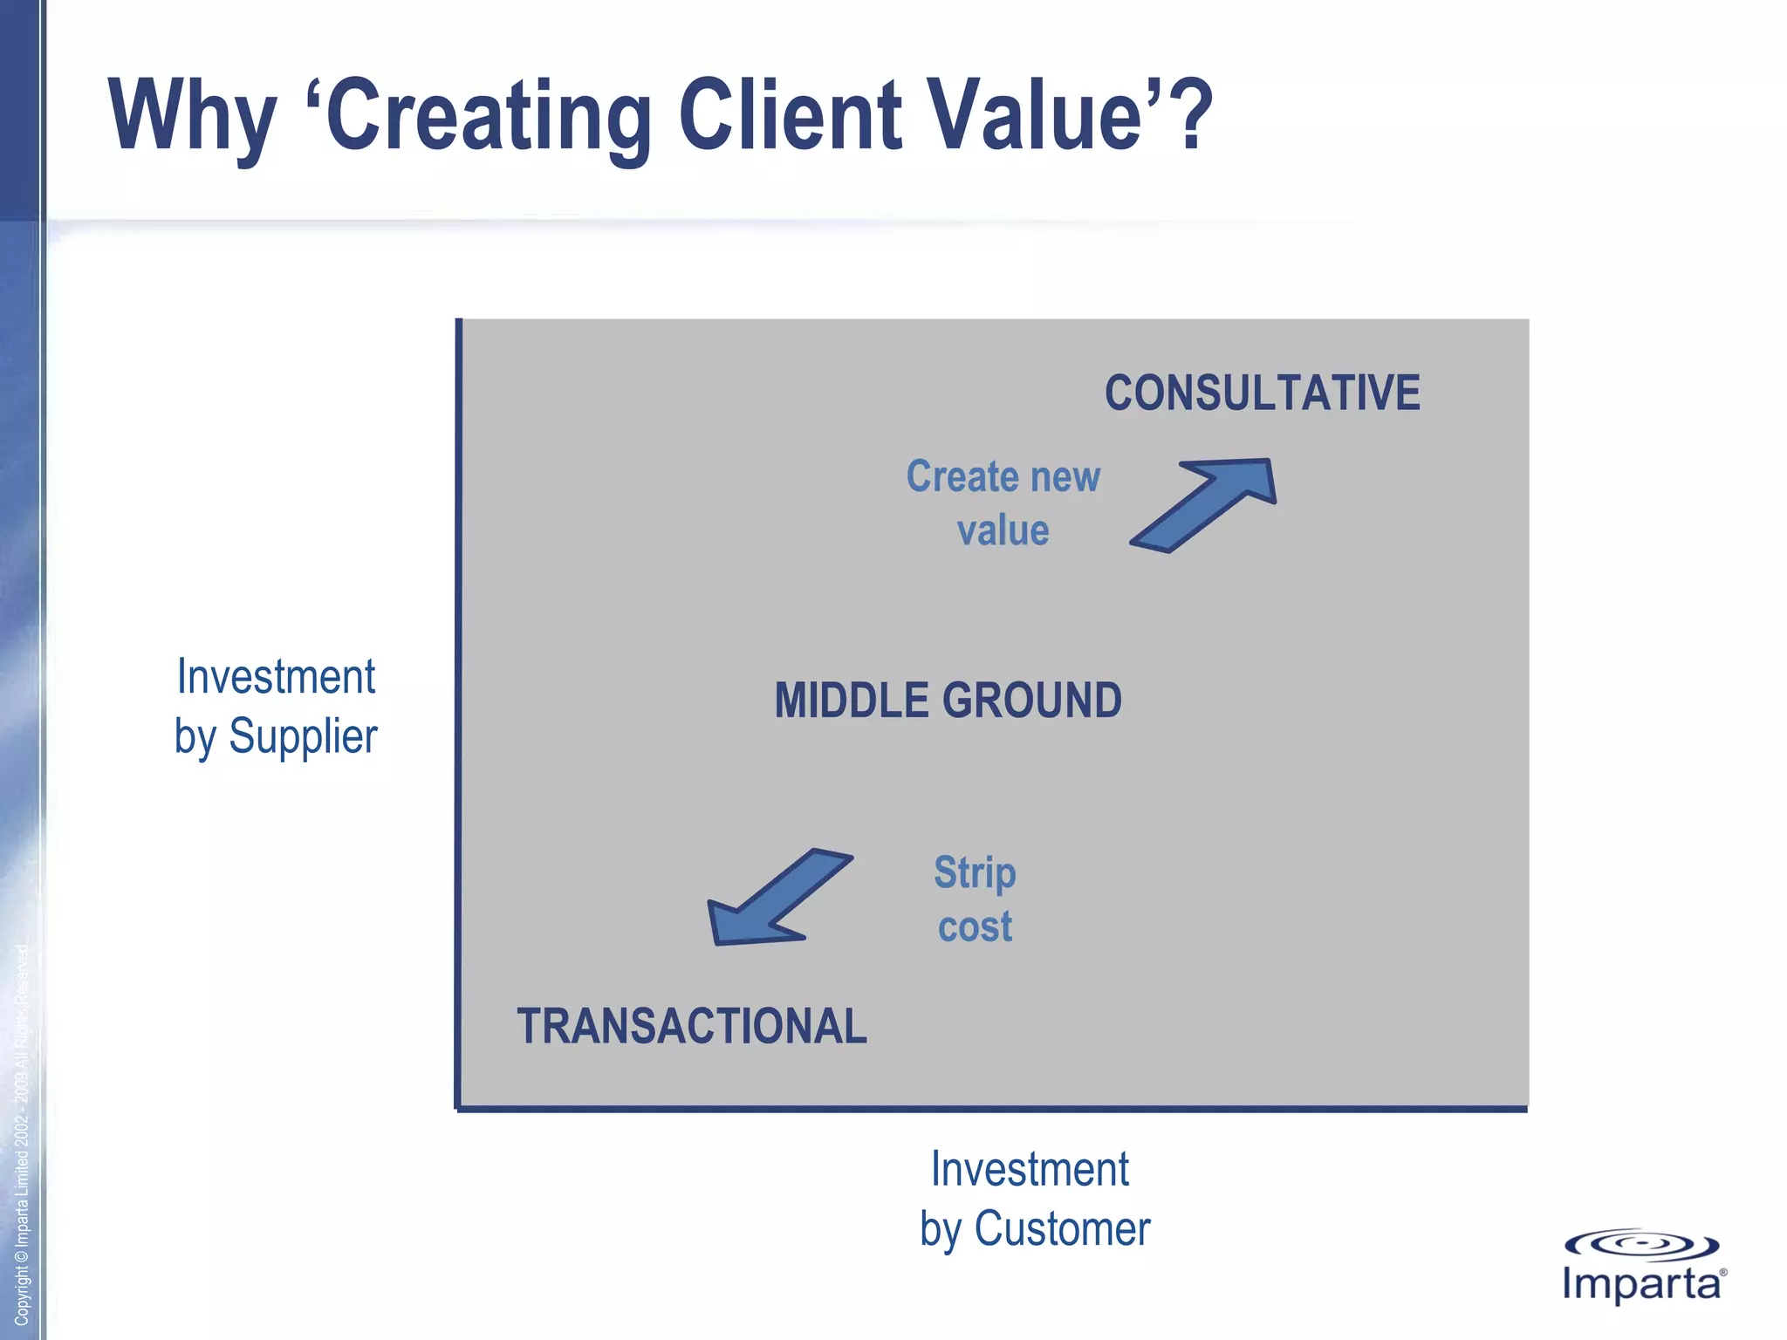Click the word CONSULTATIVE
click(x=1262, y=393)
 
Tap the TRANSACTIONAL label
click(x=691, y=1026)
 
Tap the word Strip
click(x=975, y=873)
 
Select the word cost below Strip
click(x=975, y=926)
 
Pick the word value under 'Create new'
click(x=1003, y=530)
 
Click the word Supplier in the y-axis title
click(x=303, y=737)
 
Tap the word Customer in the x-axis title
click(x=1062, y=1229)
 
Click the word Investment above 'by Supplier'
click(x=276, y=677)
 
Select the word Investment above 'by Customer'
click(x=1030, y=1169)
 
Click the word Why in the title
click(x=192, y=116)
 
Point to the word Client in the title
click(x=790, y=114)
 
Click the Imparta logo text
click(x=1640, y=1285)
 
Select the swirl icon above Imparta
click(x=1640, y=1245)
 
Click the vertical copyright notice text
click(x=22, y=1134)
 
